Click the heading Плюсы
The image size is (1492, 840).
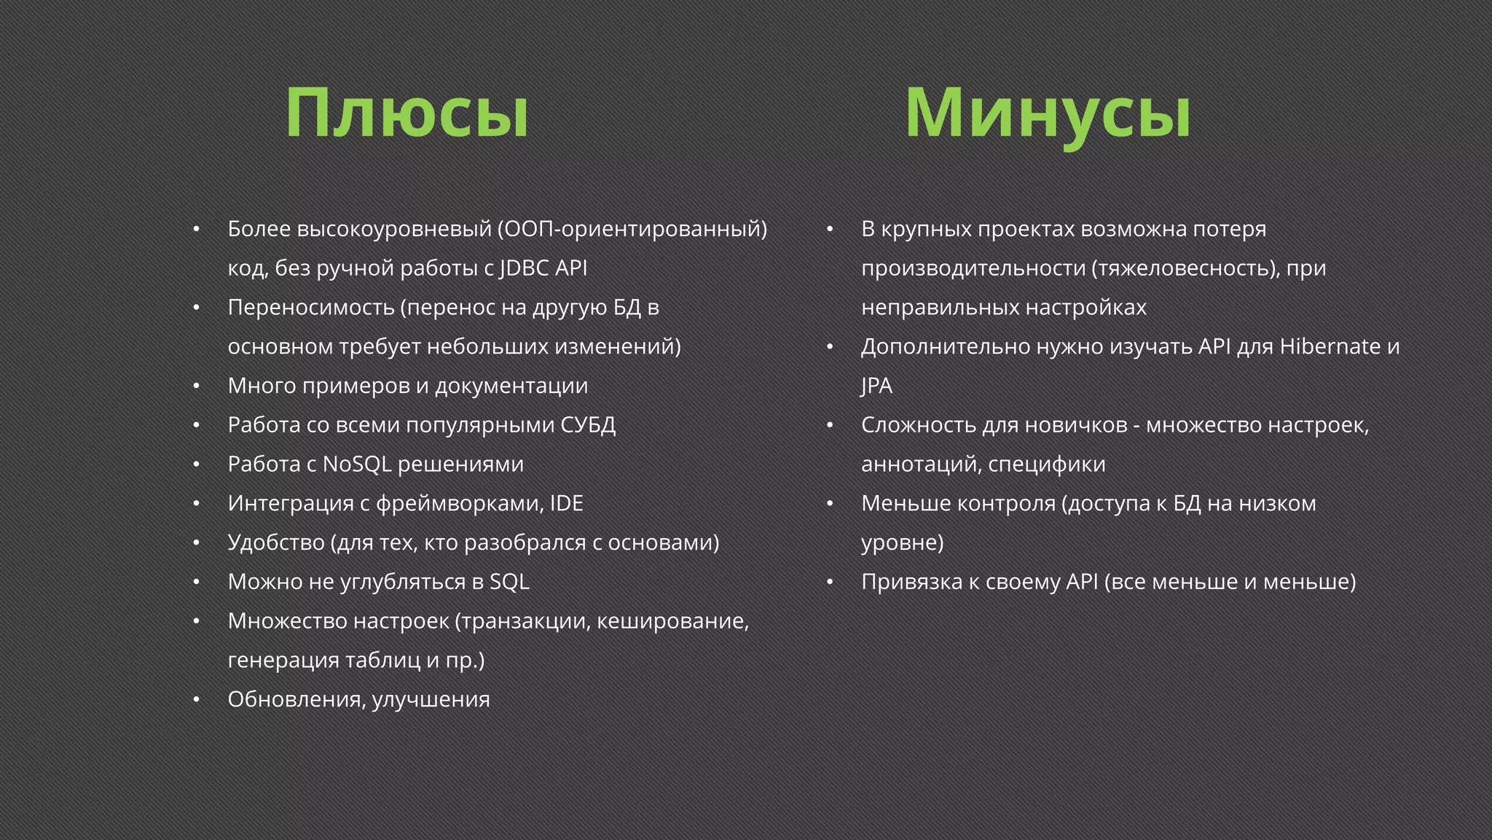pos(407,114)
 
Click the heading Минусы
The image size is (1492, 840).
pos(1048,114)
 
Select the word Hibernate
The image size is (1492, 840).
pos(1330,346)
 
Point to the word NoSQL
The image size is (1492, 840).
pos(357,464)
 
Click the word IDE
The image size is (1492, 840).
pos(566,504)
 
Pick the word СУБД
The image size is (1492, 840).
pos(588,425)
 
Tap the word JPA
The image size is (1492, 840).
pos(876,386)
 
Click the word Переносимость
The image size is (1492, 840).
pos(311,308)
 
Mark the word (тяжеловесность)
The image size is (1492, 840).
pos(1185,268)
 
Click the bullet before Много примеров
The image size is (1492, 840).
pos(196,386)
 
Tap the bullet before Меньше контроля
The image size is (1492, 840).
pos(829,504)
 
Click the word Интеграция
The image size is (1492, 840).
pos(291,504)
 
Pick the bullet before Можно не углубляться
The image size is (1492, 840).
pos(196,582)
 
